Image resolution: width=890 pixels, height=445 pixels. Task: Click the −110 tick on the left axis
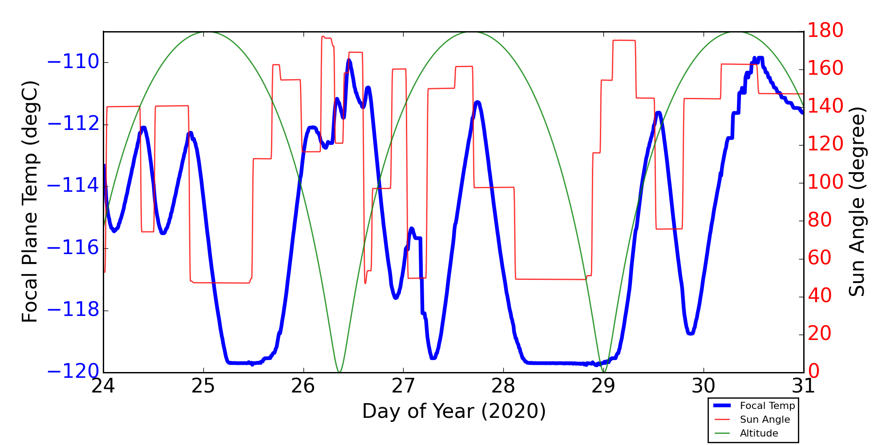click(73, 62)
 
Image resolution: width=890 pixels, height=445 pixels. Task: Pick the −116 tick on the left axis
click(73, 248)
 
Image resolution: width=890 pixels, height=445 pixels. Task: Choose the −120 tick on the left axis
click(73, 372)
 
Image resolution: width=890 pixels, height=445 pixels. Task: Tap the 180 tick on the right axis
click(825, 30)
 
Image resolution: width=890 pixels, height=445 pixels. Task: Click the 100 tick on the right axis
click(825, 182)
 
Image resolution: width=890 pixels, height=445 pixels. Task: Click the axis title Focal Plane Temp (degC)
click(30, 202)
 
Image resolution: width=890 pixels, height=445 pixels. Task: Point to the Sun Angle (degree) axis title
click(857, 202)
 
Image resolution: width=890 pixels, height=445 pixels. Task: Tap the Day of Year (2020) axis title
click(454, 412)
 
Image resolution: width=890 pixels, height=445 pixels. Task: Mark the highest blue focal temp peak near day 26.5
click(349, 60)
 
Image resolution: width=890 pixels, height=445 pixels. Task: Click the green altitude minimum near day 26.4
click(339, 372)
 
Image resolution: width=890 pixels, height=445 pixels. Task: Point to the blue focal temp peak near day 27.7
click(477, 102)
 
